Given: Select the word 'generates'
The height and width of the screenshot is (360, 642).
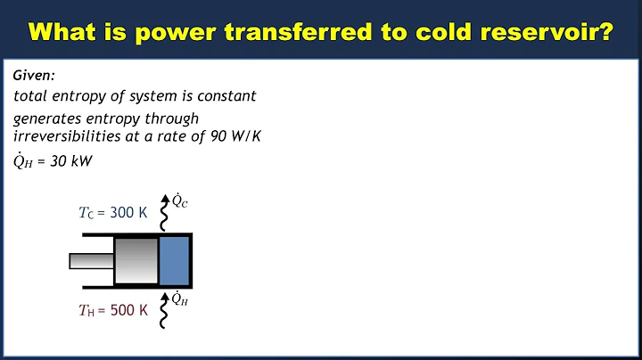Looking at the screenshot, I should (x=45, y=118).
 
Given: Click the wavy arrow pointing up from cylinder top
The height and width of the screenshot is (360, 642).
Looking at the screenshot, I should (x=163, y=212).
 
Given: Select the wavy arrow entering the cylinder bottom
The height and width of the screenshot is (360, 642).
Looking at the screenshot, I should (x=163, y=308).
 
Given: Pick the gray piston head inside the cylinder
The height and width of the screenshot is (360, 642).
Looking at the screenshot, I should (x=136, y=261).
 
